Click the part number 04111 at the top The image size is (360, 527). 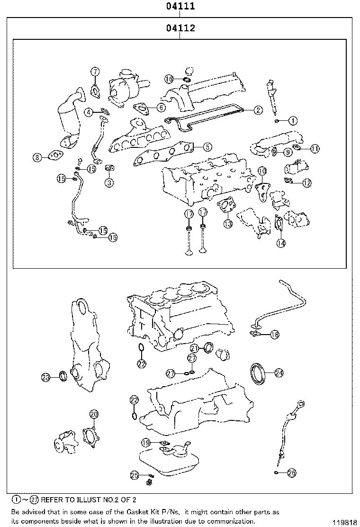(180, 7)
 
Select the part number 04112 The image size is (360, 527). (180, 28)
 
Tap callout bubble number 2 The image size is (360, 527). (257, 110)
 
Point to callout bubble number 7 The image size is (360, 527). (95, 72)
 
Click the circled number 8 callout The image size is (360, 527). (38, 158)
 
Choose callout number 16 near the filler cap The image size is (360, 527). (169, 79)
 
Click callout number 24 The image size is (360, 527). (279, 373)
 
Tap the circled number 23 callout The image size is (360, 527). (45, 377)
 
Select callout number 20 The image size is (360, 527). (93, 414)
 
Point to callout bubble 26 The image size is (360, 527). (291, 472)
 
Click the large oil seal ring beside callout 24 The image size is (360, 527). (258, 373)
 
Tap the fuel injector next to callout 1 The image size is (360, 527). (274, 97)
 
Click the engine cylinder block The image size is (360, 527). (180, 313)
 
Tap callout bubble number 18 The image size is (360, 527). (275, 335)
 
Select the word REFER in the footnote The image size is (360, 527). (52, 500)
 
